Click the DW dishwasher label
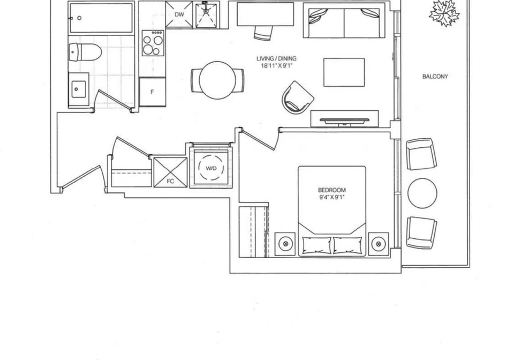[x=179, y=14]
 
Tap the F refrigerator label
[x=152, y=92]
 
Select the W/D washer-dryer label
[x=211, y=168]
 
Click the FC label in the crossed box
[x=170, y=181]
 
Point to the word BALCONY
[x=435, y=77]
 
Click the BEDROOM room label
[x=332, y=190]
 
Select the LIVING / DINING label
[x=276, y=58]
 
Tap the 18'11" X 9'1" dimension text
[x=276, y=65]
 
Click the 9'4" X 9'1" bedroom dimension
[x=332, y=197]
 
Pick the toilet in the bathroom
[x=85, y=52]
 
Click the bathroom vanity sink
[x=78, y=89]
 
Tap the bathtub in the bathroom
[x=101, y=18]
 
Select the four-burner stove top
[x=153, y=43]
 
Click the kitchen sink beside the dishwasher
[x=206, y=15]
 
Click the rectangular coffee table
[x=344, y=72]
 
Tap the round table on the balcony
[x=422, y=193]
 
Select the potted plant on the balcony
[x=444, y=12]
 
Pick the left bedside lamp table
[x=285, y=244]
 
